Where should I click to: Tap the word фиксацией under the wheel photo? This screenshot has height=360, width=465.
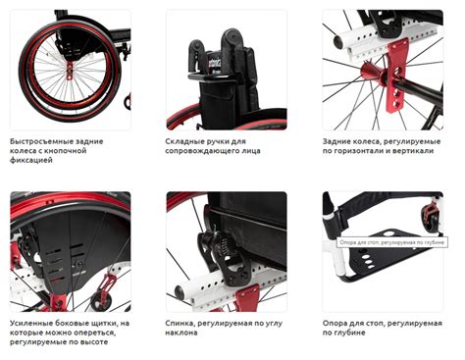[x=31, y=161]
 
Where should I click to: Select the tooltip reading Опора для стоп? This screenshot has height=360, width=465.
[x=392, y=242]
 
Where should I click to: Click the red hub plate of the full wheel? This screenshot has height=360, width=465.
[x=70, y=71]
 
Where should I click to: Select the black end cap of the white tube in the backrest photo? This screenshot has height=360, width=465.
[x=180, y=291]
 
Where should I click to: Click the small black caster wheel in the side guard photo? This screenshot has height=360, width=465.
[x=100, y=302]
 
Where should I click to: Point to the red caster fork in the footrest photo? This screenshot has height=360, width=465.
[x=431, y=214]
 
